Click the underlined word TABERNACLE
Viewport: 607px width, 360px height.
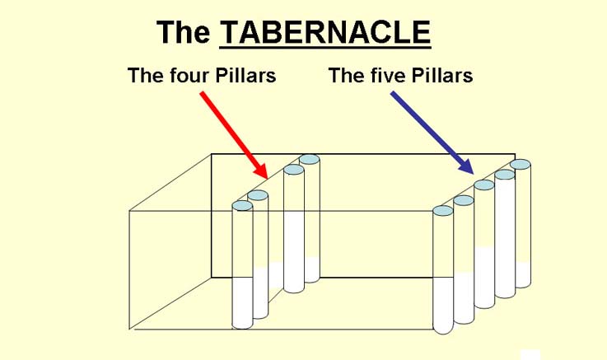pos(325,32)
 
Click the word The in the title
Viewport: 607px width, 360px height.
pos(183,32)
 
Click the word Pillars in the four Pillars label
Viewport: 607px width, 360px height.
pos(245,75)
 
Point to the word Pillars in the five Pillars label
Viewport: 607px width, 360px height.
pos(441,75)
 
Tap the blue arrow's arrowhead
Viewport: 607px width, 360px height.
pos(466,167)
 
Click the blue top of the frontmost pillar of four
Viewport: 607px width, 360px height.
pos(242,206)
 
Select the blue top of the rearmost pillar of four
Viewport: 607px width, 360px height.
pos(310,160)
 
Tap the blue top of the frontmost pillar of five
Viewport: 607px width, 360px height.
pos(443,211)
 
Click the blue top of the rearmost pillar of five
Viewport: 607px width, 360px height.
pos(521,165)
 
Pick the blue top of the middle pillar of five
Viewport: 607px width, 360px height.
pos(484,185)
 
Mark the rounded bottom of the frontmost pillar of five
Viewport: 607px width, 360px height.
pos(443,329)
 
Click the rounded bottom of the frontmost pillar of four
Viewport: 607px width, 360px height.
pos(242,325)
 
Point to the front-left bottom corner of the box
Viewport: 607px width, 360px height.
pos(129,330)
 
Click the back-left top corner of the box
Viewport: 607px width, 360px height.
pos(212,154)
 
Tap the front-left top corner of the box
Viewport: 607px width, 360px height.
pos(129,212)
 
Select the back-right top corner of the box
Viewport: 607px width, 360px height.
pos(515,154)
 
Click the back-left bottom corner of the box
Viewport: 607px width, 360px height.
pos(212,277)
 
